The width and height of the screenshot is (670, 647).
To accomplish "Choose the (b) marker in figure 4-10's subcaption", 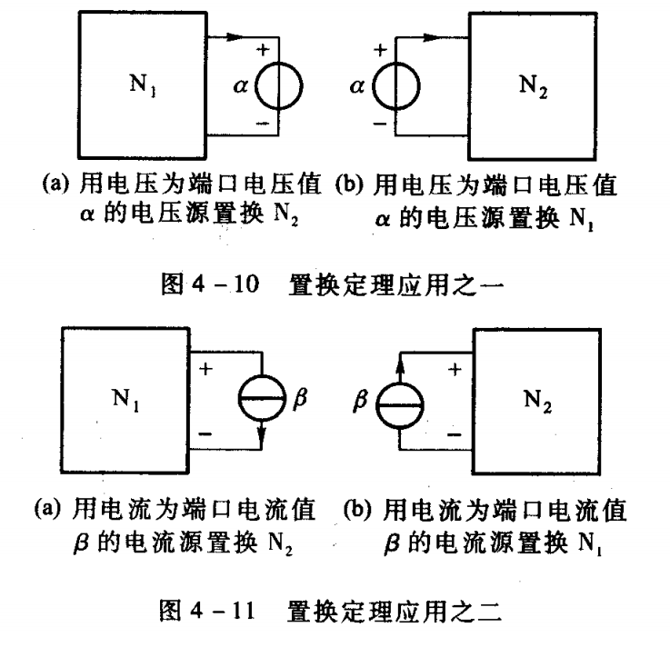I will pos(349,184).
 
